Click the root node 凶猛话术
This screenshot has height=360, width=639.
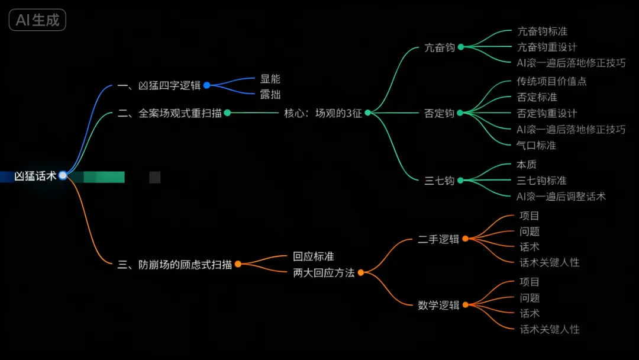pyautogui.click(x=35, y=176)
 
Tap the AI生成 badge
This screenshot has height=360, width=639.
pyautogui.click(x=37, y=20)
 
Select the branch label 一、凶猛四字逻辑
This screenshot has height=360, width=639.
pyautogui.click(x=159, y=85)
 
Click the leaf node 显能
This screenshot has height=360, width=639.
pyautogui.click(x=270, y=79)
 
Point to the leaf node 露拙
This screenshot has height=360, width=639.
pyautogui.click(x=270, y=94)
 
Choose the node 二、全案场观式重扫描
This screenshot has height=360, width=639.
pyautogui.click(x=170, y=113)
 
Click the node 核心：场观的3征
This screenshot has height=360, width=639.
pyautogui.click(x=322, y=113)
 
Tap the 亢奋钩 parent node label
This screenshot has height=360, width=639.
pyautogui.click(x=439, y=47)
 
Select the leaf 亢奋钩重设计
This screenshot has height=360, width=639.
pyautogui.click(x=547, y=47)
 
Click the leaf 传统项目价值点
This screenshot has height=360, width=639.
pyautogui.click(x=551, y=81)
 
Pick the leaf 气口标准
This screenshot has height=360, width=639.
pyautogui.click(x=536, y=145)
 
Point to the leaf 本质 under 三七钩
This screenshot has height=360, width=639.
pyautogui.click(x=527, y=164)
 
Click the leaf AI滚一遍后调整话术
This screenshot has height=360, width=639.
pyautogui.click(x=561, y=196)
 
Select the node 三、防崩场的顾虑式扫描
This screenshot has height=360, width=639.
pyautogui.click(x=175, y=265)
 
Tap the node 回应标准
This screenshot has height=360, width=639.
pyautogui.click(x=314, y=256)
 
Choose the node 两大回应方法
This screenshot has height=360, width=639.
pyautogui.click(x=324, y=273)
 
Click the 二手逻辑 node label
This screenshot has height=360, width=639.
pyautogui.click(x=438, y=239)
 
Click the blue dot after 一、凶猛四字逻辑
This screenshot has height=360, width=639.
pyautogui.click(x=206, y=85)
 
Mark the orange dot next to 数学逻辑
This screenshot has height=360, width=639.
pyautogui.click(x=465, y=305)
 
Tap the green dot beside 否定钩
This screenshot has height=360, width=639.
pyautogui.click(x=460, y=113)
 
